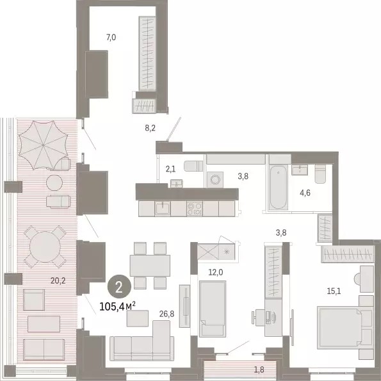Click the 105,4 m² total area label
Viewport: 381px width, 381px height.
pos(117,307)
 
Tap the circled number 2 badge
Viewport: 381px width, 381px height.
pos(119,288)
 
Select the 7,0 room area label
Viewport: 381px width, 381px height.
pos(111,37)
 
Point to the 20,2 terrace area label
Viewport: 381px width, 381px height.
pos(58,281)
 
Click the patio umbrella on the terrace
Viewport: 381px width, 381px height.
pos(44,145)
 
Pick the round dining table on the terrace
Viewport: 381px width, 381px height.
pos(45,247)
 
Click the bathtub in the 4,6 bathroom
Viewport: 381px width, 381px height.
pos(279,187)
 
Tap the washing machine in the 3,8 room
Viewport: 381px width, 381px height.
pos(215,180)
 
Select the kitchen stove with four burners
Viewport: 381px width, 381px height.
pos(195,209)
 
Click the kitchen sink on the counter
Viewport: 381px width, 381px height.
pos(163,209)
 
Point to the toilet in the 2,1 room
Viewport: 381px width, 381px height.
pos(193,166)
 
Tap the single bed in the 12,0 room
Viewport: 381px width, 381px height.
pos(213,309)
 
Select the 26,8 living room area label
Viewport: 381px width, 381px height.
pos(166,314)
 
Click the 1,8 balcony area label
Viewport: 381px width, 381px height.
pos(259,369)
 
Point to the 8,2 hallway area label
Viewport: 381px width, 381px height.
pos(150,128)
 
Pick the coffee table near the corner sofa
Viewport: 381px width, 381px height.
pos(138,318)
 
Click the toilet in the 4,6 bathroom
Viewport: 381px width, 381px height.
pos(320,174)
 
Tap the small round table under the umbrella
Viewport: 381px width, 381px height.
pos(54,182)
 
